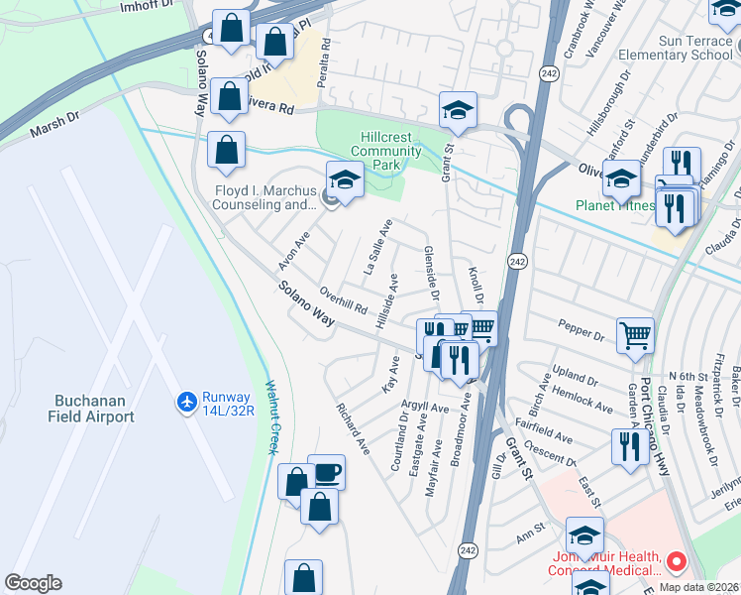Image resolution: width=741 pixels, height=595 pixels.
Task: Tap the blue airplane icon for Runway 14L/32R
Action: coord(185,401)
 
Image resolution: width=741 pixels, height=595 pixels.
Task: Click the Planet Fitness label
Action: coord(616,206)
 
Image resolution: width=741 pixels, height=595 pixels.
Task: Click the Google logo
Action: coord(33,583)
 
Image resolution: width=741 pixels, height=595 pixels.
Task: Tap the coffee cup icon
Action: coord(326,471)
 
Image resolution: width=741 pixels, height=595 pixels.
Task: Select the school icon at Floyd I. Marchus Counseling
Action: coord(345,179)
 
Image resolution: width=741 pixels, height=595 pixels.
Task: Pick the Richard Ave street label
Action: coord(353,428)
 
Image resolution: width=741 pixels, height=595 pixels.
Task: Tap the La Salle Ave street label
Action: coord(378,248)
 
